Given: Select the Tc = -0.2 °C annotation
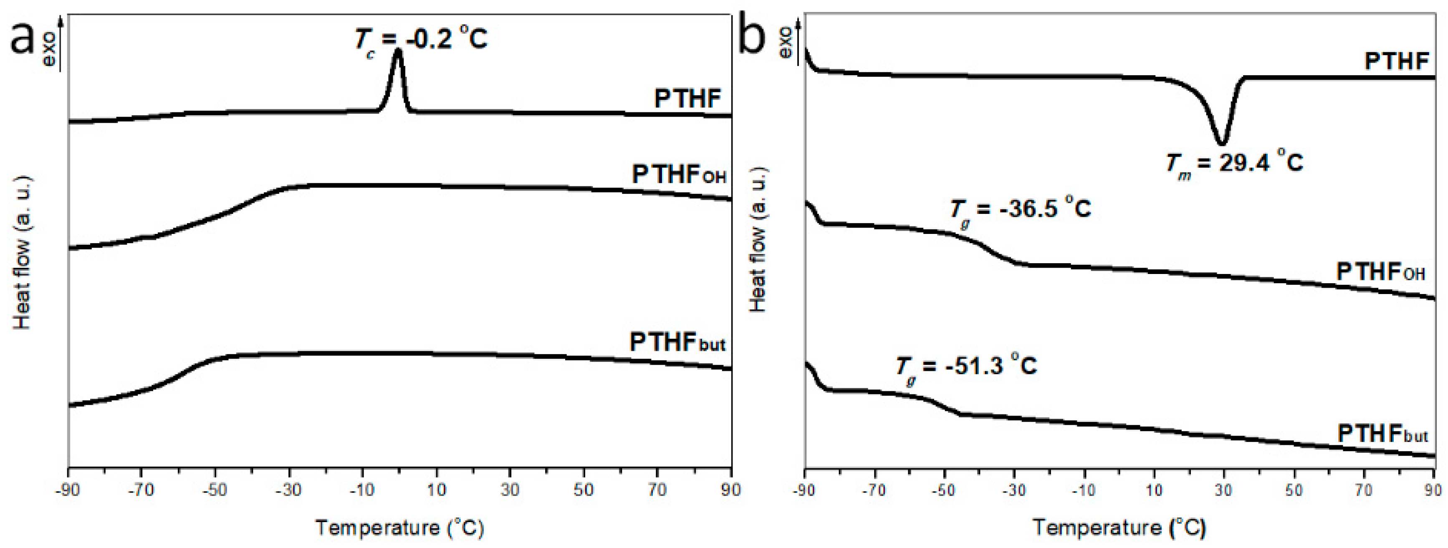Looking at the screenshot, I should point(421,38).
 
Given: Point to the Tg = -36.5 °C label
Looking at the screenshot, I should point(1020,209).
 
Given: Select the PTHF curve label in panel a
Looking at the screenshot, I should point(687,99).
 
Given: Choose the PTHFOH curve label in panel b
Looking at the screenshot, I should point(1380,272).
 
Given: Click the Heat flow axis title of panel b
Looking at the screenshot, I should point(759,239).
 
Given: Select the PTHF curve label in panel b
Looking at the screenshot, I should point(1397,61).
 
